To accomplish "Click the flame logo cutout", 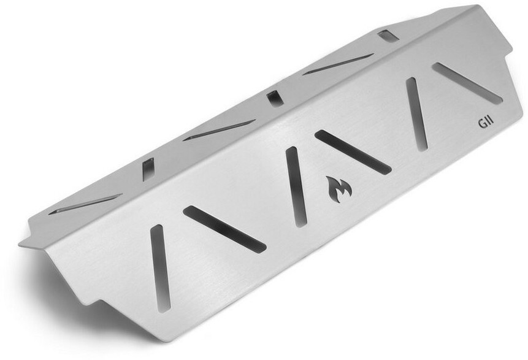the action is tap(339, 190).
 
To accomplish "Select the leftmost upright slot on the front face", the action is tap(160, 268).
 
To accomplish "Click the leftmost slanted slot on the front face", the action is tap(224, 229).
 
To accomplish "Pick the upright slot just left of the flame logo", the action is tap(296, 187).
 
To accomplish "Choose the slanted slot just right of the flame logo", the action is tap(353, 152).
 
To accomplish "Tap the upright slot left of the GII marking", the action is tap(417, 114).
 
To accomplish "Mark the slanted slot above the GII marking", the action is tap(468, 83).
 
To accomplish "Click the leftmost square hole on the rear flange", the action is tap(148, 169).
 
